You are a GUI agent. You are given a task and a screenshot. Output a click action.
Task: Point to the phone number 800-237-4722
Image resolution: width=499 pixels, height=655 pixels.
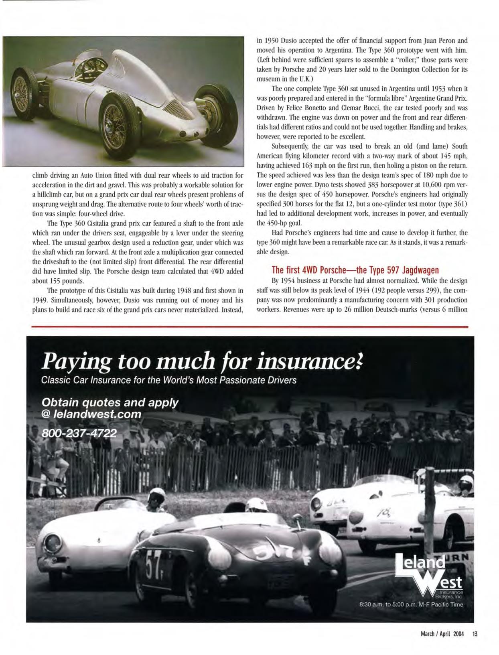point(79,434)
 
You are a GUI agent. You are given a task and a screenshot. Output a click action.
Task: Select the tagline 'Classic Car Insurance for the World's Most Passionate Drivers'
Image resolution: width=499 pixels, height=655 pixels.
point(169,380)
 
